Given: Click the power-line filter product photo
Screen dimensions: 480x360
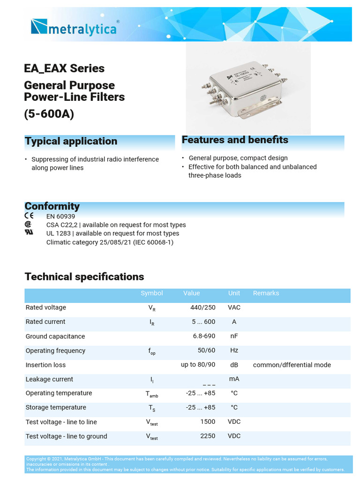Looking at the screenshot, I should [x=248, y=89].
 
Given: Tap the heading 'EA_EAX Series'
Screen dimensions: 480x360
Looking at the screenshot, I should [x=64, y=68].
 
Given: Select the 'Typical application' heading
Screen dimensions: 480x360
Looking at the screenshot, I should [x=71, y=141].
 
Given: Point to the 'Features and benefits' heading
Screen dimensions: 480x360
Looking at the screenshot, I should [x=235, y=140].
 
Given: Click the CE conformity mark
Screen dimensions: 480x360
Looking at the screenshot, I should [x=29, y=216].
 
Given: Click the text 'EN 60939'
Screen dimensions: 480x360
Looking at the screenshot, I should [x=60, y=217].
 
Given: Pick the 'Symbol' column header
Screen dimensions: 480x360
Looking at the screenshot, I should [x=152, y=293].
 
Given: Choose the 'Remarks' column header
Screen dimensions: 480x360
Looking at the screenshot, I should [x=266, y=293].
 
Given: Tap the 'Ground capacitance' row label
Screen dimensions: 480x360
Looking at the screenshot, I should [x=55, y=336].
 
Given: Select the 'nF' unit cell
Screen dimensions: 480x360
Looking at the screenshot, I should [x=234, y=336].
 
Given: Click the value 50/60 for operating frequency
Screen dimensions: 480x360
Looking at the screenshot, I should [x=206, y=350].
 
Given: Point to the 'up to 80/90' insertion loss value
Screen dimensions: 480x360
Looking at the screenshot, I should [x=198, y=365].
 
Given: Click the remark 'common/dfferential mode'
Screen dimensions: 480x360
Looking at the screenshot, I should [x=292, y=365].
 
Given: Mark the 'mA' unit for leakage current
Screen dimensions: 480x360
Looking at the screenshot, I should [x=234, y=379].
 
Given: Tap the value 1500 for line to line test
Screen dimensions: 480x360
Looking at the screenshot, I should [x=208, y=422].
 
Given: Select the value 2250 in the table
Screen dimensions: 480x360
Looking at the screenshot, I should [x=208, y=436].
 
